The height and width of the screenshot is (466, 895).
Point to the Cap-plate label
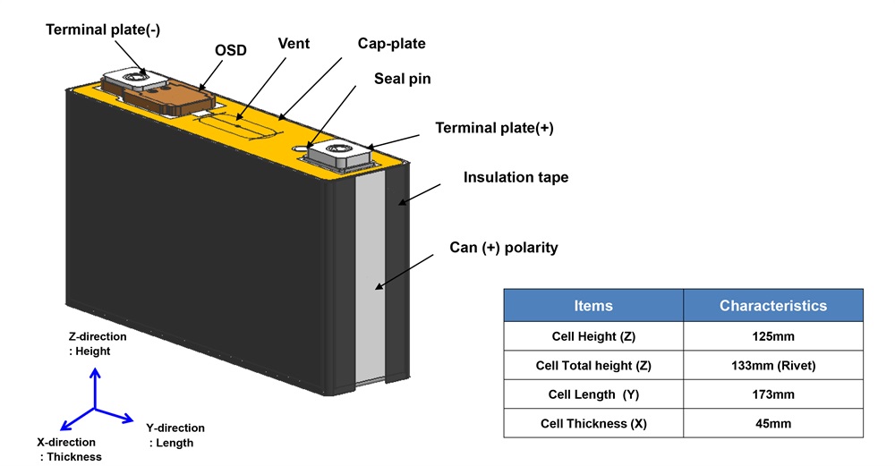point(391,43)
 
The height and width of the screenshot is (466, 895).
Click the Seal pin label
point(402,79)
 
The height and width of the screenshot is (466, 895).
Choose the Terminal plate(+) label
point(494,128)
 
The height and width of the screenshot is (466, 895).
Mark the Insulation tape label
point(516,177)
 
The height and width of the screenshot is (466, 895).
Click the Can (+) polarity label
point(503,247)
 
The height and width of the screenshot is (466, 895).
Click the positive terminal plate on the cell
point(340,154)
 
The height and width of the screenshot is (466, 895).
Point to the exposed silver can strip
point(370,277)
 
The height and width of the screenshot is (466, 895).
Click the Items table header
point(593,305)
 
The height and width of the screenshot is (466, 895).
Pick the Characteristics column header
point(773,305)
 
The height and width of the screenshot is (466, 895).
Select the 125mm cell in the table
point(773,336)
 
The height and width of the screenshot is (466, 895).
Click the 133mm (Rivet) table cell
point(773,365)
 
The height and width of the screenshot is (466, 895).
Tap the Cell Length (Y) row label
point(593,394)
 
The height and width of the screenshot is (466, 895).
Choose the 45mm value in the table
point(773,423)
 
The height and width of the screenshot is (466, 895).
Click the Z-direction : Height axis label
point(98,344)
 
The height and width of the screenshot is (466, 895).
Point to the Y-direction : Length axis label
point(175,435)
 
